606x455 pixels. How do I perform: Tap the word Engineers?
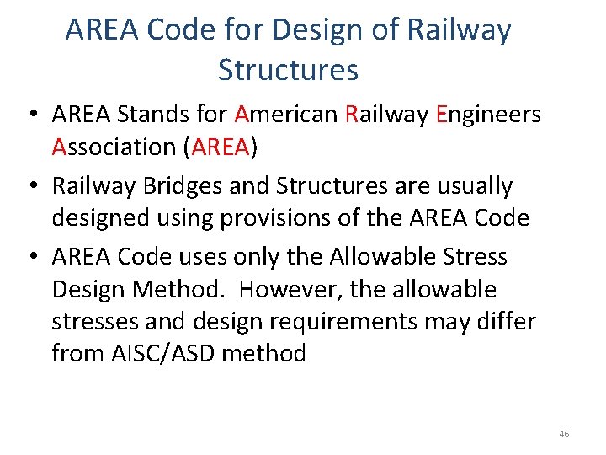coord(489,114)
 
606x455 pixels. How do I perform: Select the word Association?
coord(113,147)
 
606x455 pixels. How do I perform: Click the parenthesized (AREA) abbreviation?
coord(220,147)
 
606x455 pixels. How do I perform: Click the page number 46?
coord(563,434)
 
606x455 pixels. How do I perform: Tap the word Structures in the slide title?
coord(288,69)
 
